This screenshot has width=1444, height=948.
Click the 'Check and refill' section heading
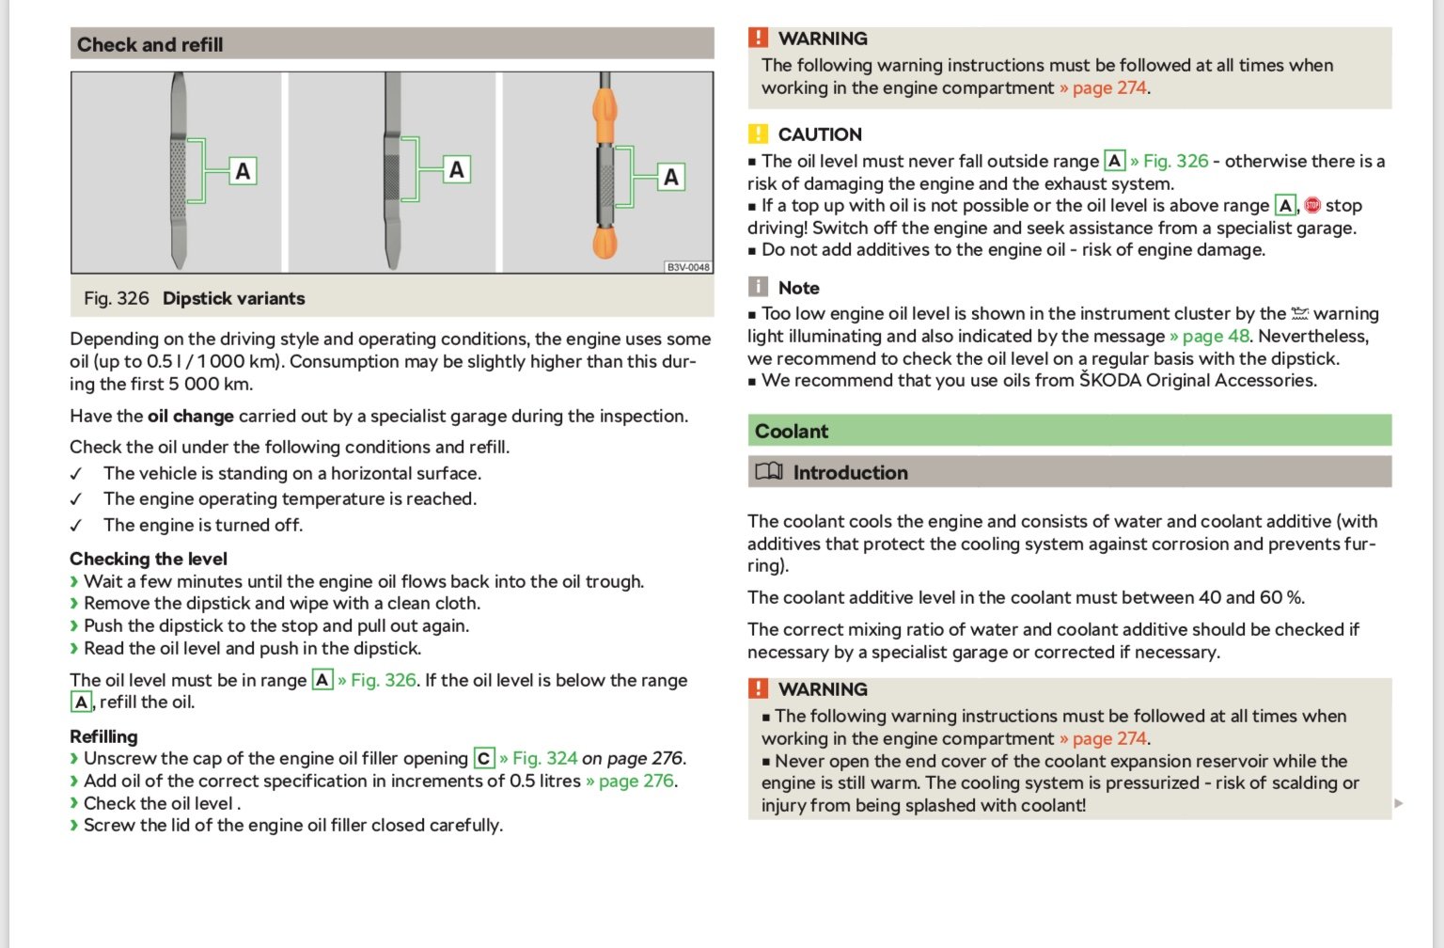[x=150, y=44]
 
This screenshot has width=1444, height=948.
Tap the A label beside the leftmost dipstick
[x=243, y=171]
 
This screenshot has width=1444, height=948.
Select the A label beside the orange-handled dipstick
[x=670, y=177]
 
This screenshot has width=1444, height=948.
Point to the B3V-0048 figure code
[x=688, y=267]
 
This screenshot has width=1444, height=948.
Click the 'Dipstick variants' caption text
[x=233, y=298]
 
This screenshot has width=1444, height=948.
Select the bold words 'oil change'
[x=191, y=416]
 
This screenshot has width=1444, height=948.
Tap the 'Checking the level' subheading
[x=149, y=559]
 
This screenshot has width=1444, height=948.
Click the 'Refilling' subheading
[x=103, y=736]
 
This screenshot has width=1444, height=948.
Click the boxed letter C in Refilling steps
[x=484, y=759]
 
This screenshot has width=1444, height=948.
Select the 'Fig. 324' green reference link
[x=544, y=758]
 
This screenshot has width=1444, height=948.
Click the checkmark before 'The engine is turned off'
[x=76, y=526]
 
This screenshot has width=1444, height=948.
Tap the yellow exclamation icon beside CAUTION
[x=758, y=134]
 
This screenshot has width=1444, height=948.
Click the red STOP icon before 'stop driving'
[x=1312, y=205]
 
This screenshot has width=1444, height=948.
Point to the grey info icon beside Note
[x=758, y=287]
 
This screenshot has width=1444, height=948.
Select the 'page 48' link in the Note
[x=1216, y=336]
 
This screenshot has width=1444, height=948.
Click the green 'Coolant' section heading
[x=792, y=431]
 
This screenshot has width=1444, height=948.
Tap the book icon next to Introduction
[x=769, y=472]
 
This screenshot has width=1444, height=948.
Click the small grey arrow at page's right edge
[x=1398, y=803]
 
